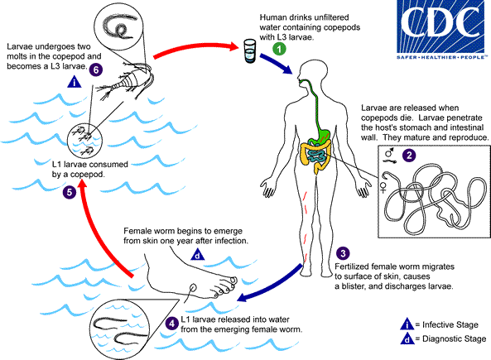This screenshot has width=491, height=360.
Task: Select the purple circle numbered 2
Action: [407, 153]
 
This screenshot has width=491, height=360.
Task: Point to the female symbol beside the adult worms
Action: [384, 187]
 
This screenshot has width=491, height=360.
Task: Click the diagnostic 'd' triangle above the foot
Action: [195, 255]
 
